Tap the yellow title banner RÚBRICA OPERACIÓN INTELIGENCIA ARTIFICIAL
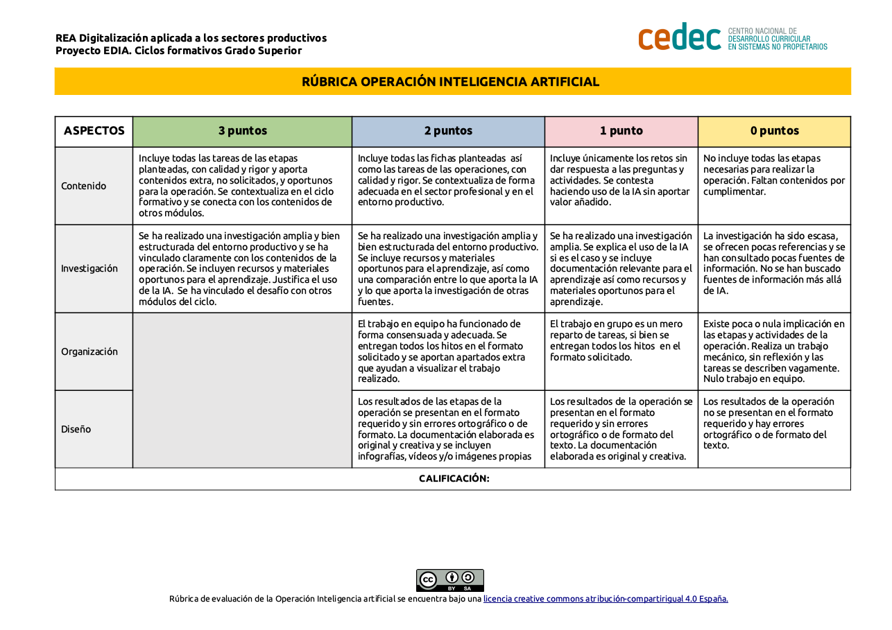pyautogui.click(x=450, y=82)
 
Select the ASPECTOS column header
pyautogui.click(x=94, y=131)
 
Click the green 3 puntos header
pyautogui.click(x=242, y=131)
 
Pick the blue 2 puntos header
pyautogui.click(x=448, y=131)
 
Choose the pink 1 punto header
pyautogui.click(x=621, y=131)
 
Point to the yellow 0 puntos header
pyautogui.click(x=774, y=131)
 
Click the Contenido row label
pyautogui.click(x=84, y=186)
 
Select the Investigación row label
pyautogui.click(x=89, y=268)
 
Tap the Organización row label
pyautogui.click(x=89, y=351)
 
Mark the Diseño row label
pyautogui.click(x=76, y=429)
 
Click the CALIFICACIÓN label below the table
pyautogui.click(x=454, y=479)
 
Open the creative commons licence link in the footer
pyautogui.click(x=606, y=599)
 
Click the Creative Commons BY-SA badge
pyautogui.click(x=449, y=580)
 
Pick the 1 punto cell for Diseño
pyautogui.click(x=621, y=428)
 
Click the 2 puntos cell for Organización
pyautogui.click(x=447, y=351)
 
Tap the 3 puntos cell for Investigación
pyautogui.click(x=241, y=268)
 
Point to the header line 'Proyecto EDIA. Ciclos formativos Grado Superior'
pyautogui.click(x=178, y=51)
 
